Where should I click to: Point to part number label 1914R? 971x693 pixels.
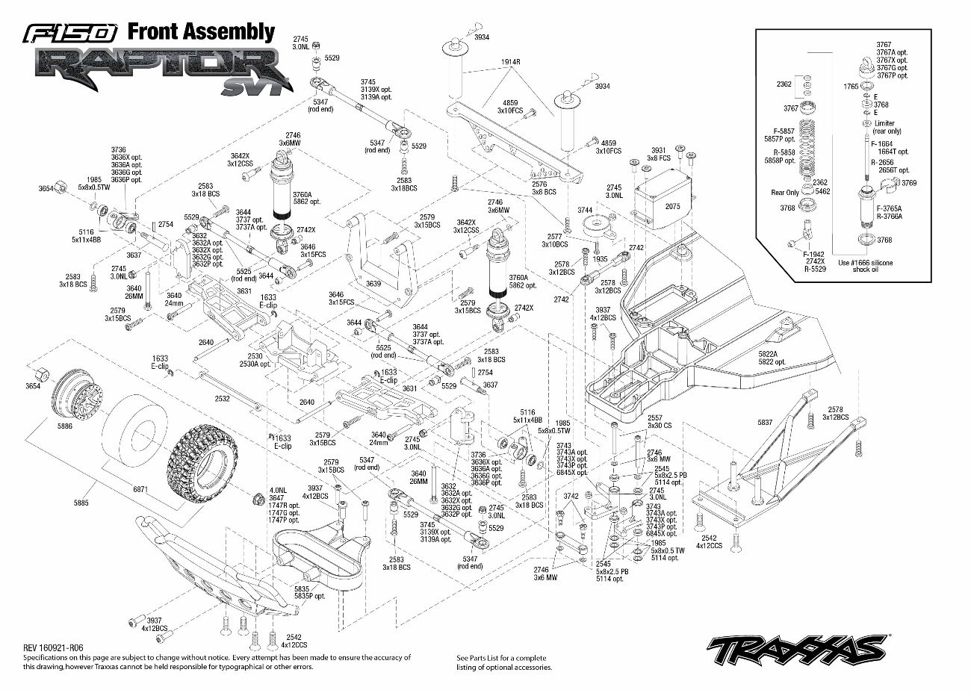click(x=510, y=63)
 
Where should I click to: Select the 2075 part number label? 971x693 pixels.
click(x=672, y=207)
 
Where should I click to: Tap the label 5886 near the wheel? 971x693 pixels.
click(x=65, y=427)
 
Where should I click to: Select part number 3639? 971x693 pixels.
click(x=373, y=284)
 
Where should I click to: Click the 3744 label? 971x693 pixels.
click(x=585, y=210)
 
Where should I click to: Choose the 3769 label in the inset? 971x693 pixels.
click(x=909, y=183)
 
